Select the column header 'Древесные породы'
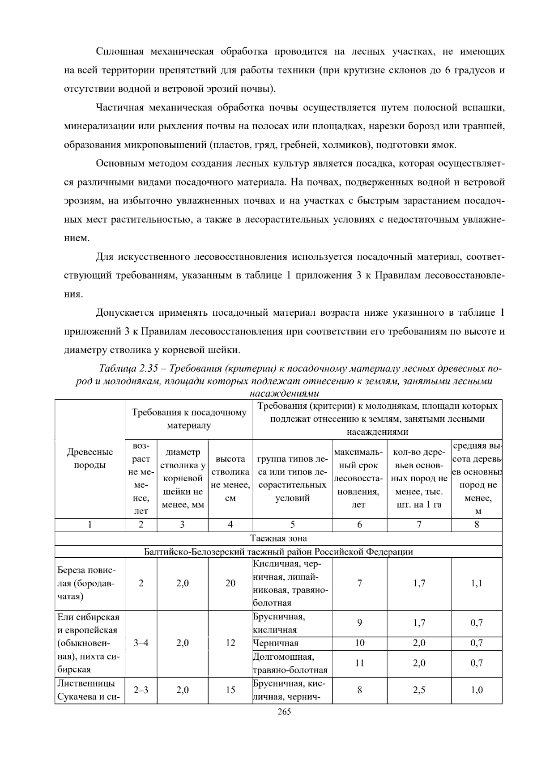click(89, 458)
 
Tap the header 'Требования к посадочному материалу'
click(189, 419)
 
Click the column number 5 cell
click(292, 525)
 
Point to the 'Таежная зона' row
click(278, 538)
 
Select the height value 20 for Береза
click(230, 583)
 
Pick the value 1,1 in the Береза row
click(477, 583)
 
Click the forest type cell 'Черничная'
click(276, 643)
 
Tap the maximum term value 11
click(359, 663)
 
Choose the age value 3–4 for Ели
click(141, 643)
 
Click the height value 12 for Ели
click(230, 643)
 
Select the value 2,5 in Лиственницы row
click(419, 690)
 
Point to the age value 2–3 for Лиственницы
click(141, 690)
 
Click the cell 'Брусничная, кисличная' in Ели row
click(279, 623)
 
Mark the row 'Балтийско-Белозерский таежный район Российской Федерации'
click(278, 551)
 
